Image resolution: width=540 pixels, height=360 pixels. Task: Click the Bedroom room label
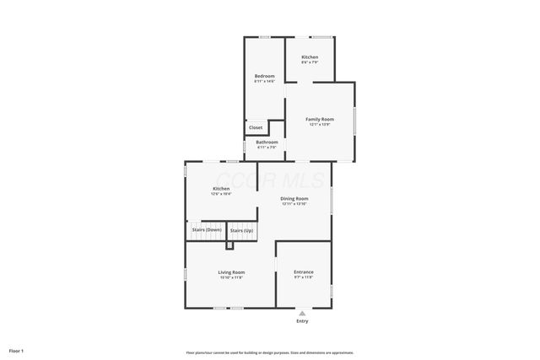click(x=264, y=76)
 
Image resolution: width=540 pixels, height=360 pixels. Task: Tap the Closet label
click(x=256, y=127)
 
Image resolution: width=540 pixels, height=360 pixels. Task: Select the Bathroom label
click(x=267, y=142)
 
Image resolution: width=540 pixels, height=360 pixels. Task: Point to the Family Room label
click(x=319, y=119)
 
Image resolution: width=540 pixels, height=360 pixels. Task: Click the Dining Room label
click(x=294, y=198)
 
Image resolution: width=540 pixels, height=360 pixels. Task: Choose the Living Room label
click(x=231, y=272)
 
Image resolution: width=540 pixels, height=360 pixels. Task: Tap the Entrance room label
click(x=303, y=272)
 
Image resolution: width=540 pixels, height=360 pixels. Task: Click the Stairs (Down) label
click(x=207, y=229)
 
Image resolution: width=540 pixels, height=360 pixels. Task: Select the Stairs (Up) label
click(x=241, y=230)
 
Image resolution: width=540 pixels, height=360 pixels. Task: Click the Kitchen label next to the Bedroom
click(x=310, y=56)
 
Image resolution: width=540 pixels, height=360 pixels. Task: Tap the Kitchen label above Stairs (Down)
click(x=221, y=188)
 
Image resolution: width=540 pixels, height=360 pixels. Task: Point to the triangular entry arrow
click(x=302, y=312)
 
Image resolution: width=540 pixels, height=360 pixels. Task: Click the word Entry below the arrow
click(x=302, y=321)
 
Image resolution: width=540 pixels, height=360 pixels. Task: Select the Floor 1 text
click(x=16, y=350)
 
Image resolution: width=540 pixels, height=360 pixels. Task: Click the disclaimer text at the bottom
click(x=269, y=352)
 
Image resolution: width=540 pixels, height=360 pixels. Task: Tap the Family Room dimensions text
click(x=319, y=125)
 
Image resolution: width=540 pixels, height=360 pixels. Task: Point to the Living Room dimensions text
click(x=231, y=278)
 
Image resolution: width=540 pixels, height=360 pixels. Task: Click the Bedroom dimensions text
click(x=264, y=81)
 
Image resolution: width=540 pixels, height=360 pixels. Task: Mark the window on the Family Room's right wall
click(x=354, y=123)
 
